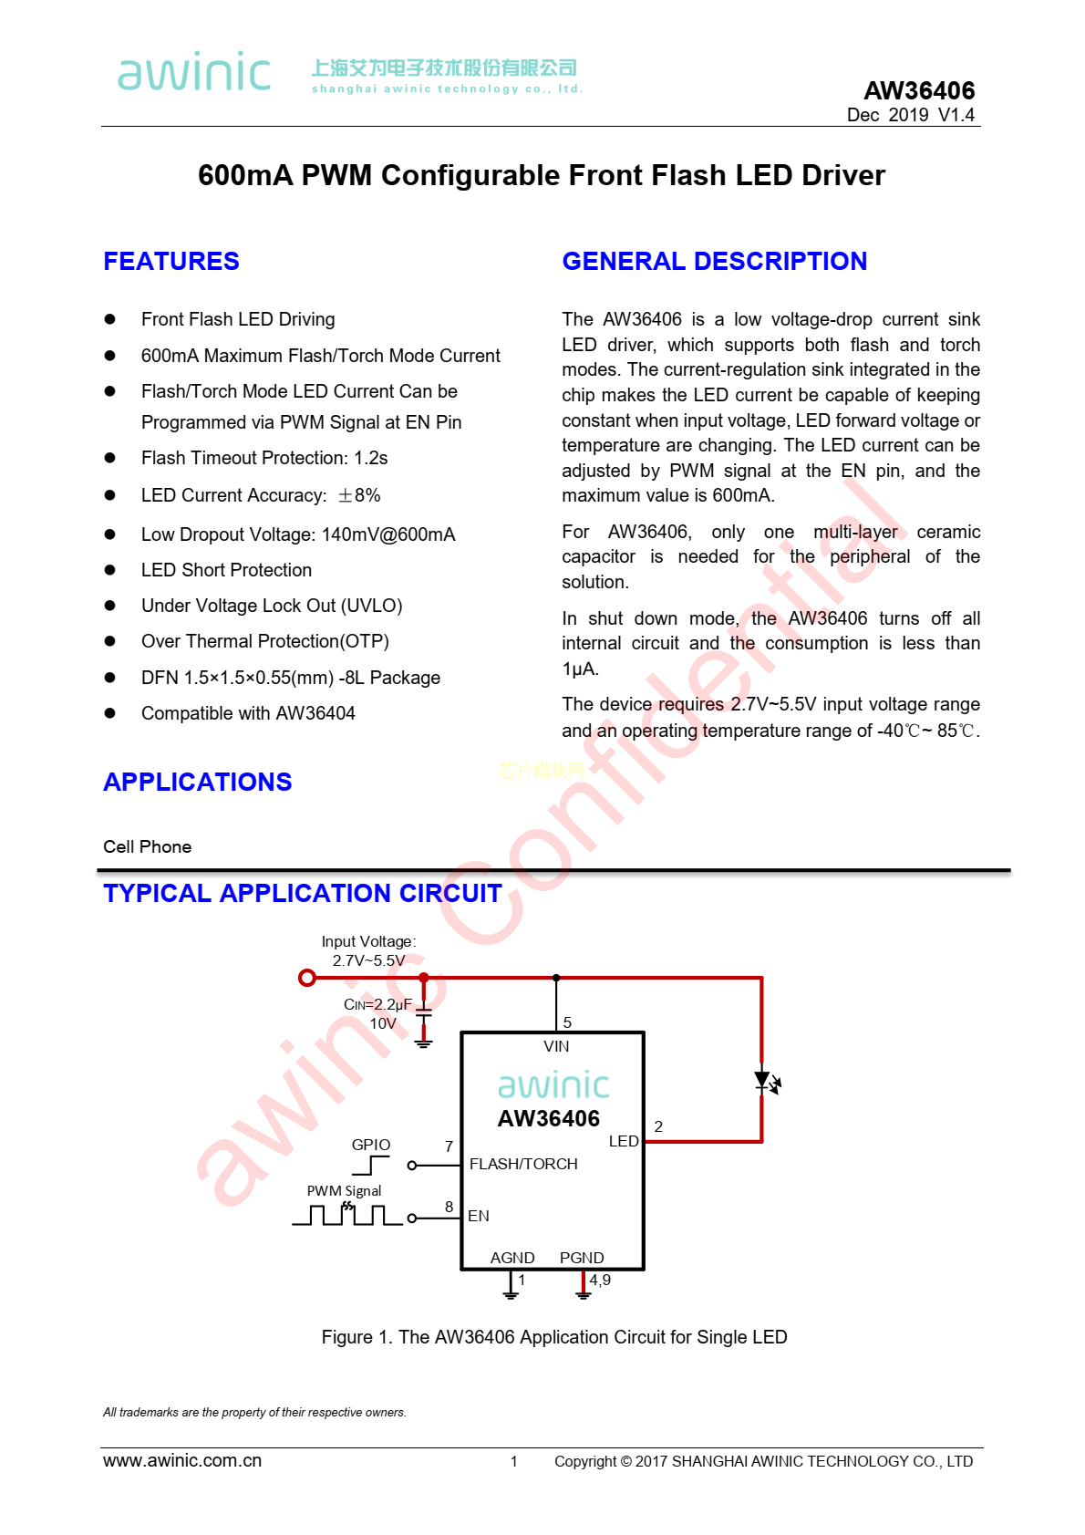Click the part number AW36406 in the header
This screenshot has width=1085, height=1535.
click(x=918, y=90)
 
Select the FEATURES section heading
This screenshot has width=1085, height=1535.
click(x=171, y=261)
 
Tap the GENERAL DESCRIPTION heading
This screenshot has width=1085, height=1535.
click(x=715, y=261)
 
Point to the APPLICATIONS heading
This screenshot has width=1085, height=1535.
click(x=197, y=782)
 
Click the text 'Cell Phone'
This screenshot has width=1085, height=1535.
click(x=148, y=846)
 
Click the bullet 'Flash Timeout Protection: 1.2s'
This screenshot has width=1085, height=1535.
click(x=264, y=458)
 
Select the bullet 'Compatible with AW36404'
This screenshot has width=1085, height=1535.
click(x=248, y=713)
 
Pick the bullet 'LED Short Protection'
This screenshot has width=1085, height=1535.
click(x=226, y=570)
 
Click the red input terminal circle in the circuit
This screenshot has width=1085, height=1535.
click(x=307, y=978)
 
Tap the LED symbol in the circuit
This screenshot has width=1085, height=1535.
click(x=766, y=1082)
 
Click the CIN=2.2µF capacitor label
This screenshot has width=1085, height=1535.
click(x=377, y=1004)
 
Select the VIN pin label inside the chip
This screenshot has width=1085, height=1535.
click(x=555, y=1046)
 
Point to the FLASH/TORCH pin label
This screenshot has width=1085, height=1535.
click(x=523, y=1164)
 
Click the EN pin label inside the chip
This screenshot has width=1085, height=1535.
click(x=478, y=1216)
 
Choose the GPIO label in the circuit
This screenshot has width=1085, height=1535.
click(x=370, y=1145)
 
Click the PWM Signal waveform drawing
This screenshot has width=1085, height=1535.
click(x=347, y=1214)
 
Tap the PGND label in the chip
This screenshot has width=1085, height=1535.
click(x=582, y=1258)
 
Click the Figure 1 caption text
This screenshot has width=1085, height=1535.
click(x=554, y=1337)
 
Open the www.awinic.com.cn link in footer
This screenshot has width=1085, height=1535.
click(x=182, y=1460)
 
